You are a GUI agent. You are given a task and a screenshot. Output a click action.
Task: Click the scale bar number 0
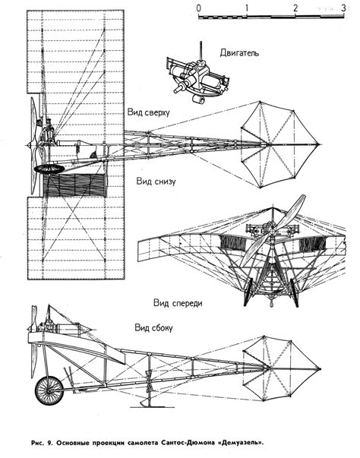(198, 9)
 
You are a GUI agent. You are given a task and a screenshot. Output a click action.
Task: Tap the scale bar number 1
(246, 9)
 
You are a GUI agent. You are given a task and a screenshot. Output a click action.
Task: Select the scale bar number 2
(294, 9)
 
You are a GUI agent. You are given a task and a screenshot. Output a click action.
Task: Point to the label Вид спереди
(177, 302)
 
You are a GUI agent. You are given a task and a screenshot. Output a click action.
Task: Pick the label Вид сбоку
(154, 327)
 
